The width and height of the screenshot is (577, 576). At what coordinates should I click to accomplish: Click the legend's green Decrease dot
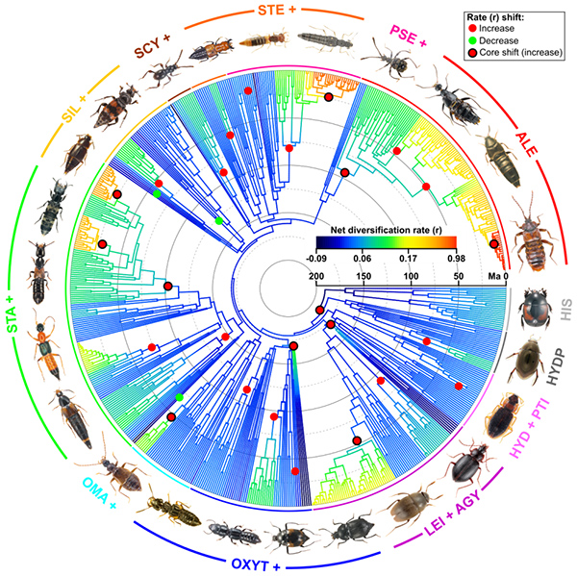(477, 41)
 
